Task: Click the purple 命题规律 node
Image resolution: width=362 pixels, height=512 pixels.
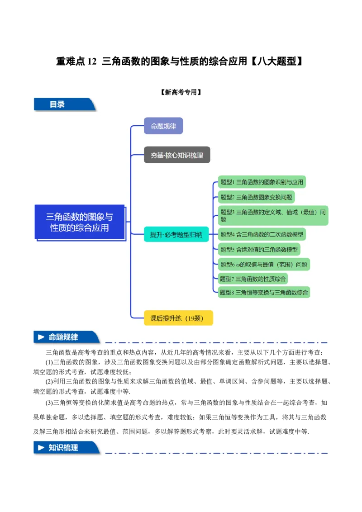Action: click(163, 126)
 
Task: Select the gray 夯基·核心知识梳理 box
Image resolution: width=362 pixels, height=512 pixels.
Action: click(177, 155)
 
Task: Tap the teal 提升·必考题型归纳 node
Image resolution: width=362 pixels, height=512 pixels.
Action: click(176, 234)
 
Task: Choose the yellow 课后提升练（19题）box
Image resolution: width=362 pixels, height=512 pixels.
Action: click(178, 318)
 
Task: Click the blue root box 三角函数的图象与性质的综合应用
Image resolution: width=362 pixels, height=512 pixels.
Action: click(80, 222)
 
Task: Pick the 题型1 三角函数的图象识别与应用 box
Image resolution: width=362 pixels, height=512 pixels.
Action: click(262, 182)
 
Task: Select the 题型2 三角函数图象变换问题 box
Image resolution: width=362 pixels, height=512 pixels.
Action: click(256, 197)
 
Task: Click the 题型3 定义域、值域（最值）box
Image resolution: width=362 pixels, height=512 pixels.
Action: click(273, 215)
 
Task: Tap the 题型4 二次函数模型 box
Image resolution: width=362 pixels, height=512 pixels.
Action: click(262, 234)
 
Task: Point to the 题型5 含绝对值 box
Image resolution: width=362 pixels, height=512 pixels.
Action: click(259, 249)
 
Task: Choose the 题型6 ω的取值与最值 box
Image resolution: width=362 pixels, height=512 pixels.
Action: click(264, 265)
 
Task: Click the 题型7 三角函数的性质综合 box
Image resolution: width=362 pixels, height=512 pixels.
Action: click(253, 279)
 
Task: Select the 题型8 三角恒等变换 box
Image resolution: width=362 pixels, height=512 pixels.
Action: click(264, 292)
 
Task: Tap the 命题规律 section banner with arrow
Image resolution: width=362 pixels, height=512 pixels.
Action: click(66, 337)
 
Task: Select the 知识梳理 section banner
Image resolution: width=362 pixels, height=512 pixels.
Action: click(66, 448)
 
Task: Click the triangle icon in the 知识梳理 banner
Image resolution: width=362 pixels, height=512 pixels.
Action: click(41, 448)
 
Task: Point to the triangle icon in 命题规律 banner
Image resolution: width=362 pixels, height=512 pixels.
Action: click(41, 337)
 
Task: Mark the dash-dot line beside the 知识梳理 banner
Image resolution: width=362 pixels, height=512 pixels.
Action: click(216, 453)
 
